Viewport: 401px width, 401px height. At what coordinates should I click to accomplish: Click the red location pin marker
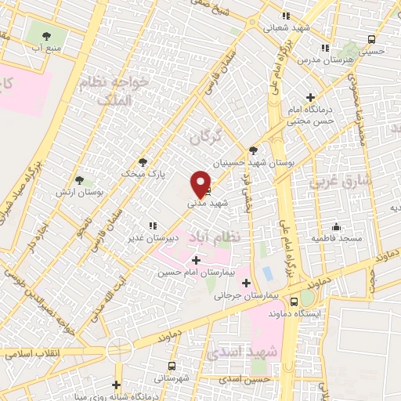click(200, 182)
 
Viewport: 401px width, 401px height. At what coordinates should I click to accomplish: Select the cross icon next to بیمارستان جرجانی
click(247, 283)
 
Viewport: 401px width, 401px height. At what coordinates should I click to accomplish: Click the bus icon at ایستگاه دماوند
click(294, 301)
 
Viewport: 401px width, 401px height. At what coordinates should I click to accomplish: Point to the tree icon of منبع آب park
click(46, 35)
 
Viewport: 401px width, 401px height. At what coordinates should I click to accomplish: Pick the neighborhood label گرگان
click(206, 137)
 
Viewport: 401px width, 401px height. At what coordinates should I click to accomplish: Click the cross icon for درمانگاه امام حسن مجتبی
click(311, 98)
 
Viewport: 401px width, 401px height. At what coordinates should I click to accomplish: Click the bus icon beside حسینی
click(370, 40)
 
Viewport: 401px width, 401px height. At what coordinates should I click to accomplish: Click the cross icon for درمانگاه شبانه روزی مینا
click(117, 385)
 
